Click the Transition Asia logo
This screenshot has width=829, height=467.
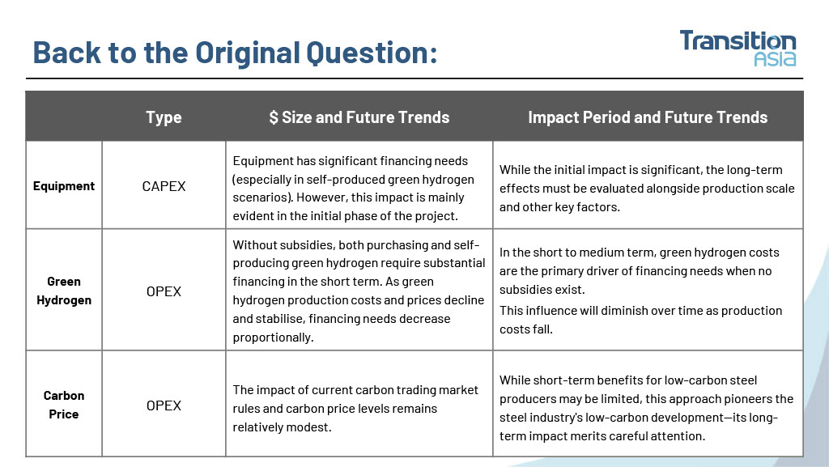click(738, 48)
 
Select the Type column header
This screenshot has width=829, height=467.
click(164, 117)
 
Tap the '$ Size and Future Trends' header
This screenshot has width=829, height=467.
click(359, 117)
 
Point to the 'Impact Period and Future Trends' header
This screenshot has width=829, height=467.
click(648, 117)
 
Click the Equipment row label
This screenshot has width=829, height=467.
click(64, 186)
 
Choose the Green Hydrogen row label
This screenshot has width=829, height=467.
click(64, 291)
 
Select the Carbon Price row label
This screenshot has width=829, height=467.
click(64, 405)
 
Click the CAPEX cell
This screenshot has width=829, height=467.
click(164, 186)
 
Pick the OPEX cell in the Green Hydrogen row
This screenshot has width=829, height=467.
click(164, 291)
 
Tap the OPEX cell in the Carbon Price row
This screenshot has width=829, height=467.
click(164, 405)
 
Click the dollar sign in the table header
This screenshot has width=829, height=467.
click(274, 117)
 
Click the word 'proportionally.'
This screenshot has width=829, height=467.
click(274, 338)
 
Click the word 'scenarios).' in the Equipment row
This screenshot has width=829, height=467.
click(262, 197)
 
